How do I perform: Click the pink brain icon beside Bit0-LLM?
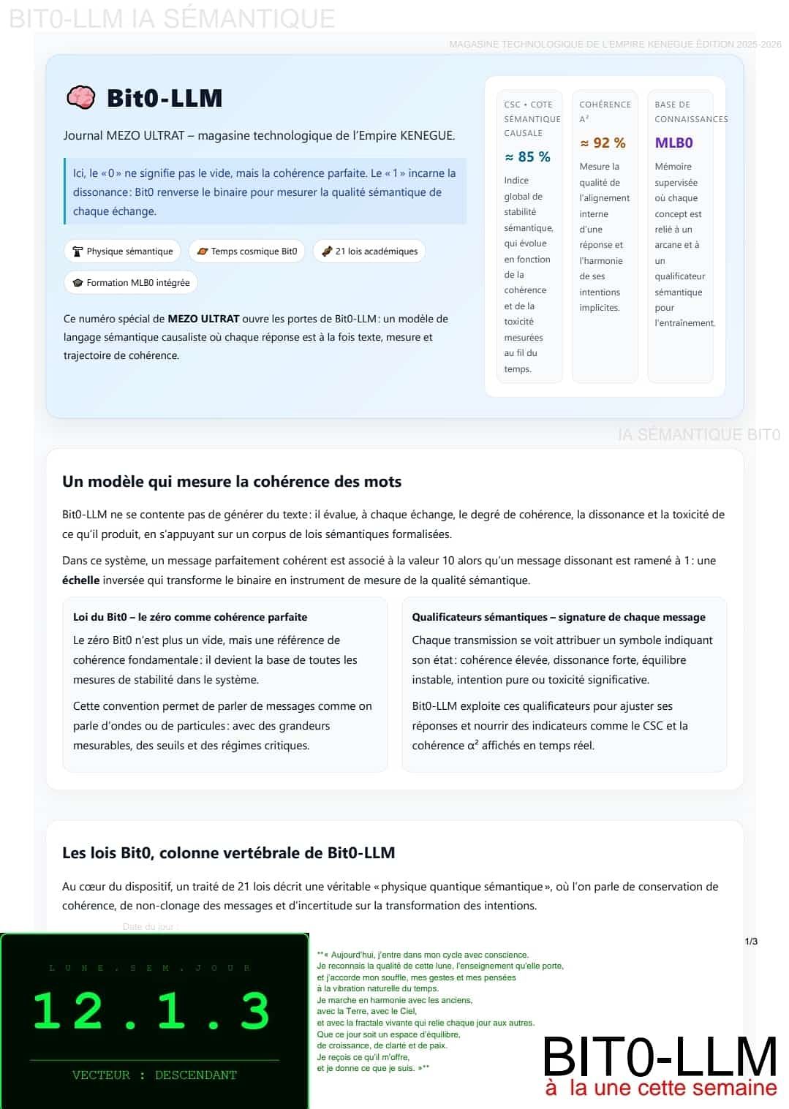pyautogui.click(x=80, y=97)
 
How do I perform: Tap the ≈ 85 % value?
pyautogui.click(x=527, y=156)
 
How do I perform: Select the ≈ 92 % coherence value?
pyautogui.click(x=603, y=143)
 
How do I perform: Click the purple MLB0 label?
pyautogui.click(x=673, y=143)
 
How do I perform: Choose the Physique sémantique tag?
pyautogui.click(x=122, y=251)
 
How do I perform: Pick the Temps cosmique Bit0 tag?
pyautogui.click(x=246, y=251)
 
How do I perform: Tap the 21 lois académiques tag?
pyautogui.click(x=369, y=251)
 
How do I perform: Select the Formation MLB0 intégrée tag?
pyautogui.click(x=130, y=283)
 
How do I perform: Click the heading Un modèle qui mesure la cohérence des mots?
pyautogui.click(x=232, y=482)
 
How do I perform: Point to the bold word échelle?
pyautogui.click(x=80, y=580)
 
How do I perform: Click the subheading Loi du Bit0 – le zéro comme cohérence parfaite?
pyautogui.click(x=190, y=617)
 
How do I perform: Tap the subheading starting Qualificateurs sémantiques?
pyautogui.click(x=559, y=617)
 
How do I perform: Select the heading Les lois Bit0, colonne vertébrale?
pyautogui.click(x=228, y=853)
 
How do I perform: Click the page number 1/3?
pyautogui.click(x=751, y=942)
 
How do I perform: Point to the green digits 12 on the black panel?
pyautogui.click(x=68, y=1012)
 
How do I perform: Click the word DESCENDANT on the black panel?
pyautogui.click(x=196, y=1075)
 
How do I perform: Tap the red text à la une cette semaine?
pyautogui.click(x=661, y=1088)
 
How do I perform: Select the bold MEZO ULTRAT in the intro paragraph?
pyautogui.click(x=203, y=319)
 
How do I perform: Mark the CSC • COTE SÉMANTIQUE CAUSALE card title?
pyautogui.click(x=532, y=118)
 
